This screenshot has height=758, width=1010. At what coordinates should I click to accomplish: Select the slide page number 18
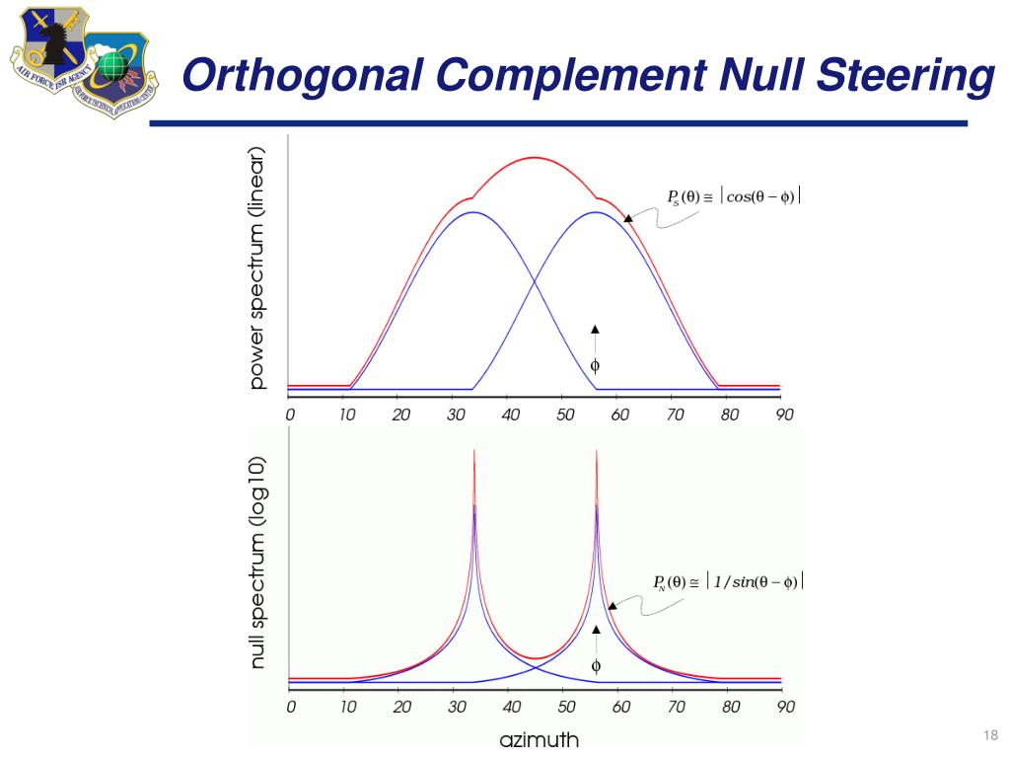pos(990,734)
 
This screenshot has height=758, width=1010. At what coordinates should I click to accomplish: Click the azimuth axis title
pos(540,739)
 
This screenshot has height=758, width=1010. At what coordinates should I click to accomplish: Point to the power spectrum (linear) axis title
pos(258,267)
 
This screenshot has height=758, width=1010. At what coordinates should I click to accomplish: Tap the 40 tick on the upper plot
pos(510,415)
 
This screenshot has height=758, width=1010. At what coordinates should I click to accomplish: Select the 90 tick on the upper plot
pos(784,415)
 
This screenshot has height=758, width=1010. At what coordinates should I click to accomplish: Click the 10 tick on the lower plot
pos(346,707)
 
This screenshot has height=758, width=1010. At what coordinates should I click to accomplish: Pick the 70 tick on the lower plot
pos(675,707)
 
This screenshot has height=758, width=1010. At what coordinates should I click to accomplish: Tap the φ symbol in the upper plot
pos(595,365)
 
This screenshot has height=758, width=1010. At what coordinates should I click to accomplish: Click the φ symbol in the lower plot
pos(596,665)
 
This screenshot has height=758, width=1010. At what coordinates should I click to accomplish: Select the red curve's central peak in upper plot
pos(535,158)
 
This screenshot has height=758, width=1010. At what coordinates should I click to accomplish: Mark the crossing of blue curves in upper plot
pos(535,284)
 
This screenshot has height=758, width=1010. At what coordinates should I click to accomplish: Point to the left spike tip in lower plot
pos(474,452)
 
